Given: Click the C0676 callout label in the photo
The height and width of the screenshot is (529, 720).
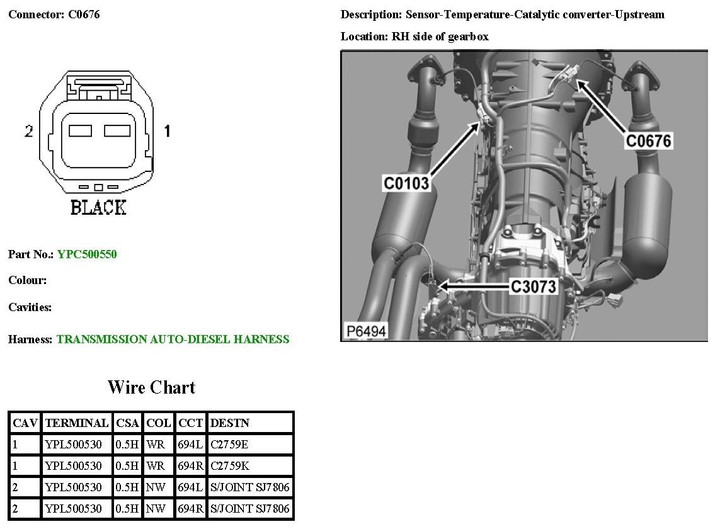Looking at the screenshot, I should click(648, 140).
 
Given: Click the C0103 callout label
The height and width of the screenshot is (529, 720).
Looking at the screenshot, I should click(407, 183).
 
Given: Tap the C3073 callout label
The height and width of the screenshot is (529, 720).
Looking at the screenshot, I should click(534, 287).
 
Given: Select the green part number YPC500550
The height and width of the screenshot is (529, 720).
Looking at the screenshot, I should click(87, 254).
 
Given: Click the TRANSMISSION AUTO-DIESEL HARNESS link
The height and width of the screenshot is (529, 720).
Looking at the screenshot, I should click(173, 339).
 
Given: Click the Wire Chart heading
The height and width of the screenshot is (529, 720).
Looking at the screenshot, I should click(151, 387).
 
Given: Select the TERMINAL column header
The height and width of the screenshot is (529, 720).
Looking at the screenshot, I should click(77, 423).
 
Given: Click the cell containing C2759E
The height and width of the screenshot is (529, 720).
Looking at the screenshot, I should click(229, 445).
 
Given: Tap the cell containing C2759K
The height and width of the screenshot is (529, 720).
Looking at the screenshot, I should click(229, 466).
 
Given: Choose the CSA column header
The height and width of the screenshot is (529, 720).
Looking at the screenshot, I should click(128, 423).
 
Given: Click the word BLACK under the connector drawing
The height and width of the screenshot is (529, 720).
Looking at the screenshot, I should click(98, 207).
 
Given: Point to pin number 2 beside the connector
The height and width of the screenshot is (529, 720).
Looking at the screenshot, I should click(28, 132).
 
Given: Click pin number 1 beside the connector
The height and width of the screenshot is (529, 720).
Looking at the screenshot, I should click(167, 132).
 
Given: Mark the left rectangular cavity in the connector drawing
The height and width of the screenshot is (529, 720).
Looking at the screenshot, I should click(80, 131).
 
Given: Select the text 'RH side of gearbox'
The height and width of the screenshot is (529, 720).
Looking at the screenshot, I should click(440, 37).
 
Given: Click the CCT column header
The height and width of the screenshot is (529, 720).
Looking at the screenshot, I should click(190, 423).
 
